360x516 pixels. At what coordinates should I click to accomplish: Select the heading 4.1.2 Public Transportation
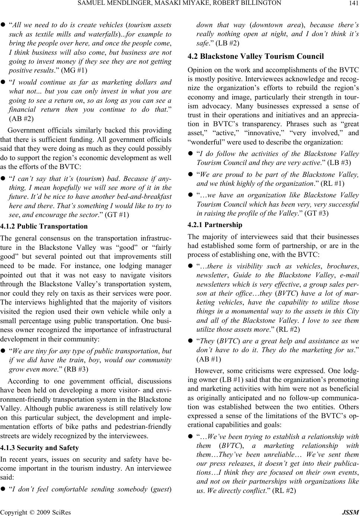(44, 226)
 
